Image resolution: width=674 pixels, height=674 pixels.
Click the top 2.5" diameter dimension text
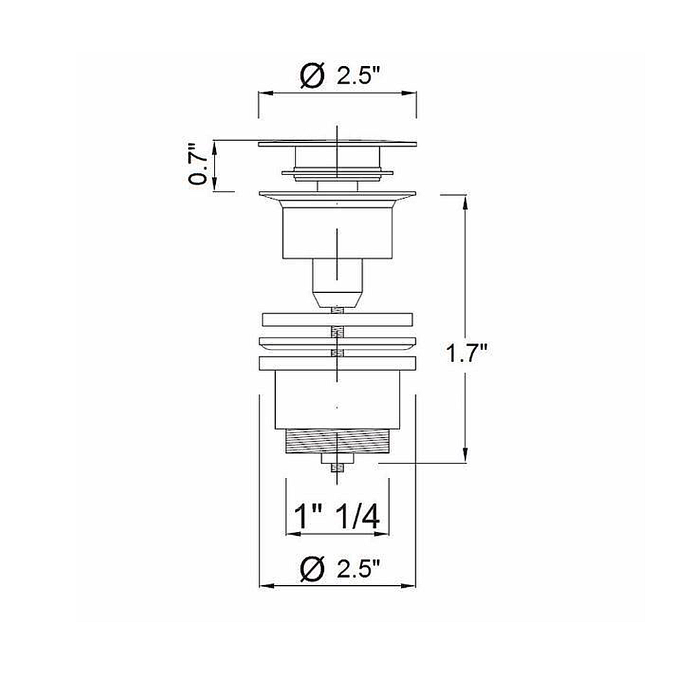(x=359, y=76)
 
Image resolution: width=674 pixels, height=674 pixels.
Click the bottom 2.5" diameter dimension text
(x=359, y=567)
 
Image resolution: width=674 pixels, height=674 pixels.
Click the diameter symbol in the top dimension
(x=313, y=76)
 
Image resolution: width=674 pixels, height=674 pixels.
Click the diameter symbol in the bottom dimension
(x=313, y=567)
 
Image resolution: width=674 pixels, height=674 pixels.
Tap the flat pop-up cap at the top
(x=337, y=143)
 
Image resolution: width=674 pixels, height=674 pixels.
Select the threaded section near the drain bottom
(x=337, y=441)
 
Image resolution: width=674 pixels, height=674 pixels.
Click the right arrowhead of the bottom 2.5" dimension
(x=412, y=585)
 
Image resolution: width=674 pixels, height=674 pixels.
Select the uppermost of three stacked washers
(x=337, y=320)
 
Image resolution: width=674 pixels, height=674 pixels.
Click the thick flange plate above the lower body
(x=337, y=363)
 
